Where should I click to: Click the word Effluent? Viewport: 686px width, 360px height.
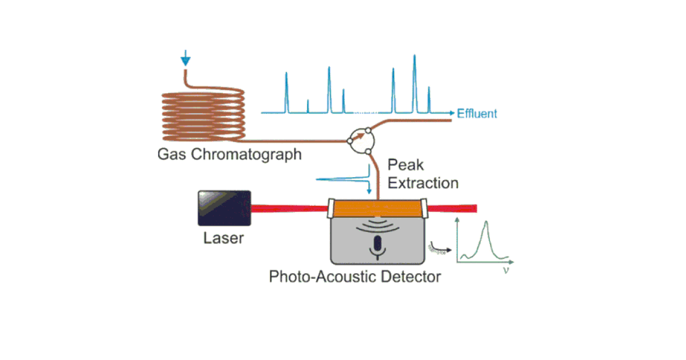[477, 114]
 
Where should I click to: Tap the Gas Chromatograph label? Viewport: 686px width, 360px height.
[229, 154]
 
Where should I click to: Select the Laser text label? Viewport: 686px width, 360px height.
[223, 238]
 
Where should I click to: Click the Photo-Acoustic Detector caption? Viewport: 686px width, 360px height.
[355, 277]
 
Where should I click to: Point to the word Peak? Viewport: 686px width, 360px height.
[406, 165]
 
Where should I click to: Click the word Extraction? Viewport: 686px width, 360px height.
[423, 183]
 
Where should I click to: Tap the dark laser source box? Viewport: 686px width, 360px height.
[224, 207]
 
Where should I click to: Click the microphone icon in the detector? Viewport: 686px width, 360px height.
[376, 245]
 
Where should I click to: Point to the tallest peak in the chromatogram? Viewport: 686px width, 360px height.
[414, 83]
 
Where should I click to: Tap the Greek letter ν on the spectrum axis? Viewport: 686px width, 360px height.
[505, 269]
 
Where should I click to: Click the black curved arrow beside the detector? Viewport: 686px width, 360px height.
[439, 247]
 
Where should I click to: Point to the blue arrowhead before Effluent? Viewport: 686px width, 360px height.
[453, 113]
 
